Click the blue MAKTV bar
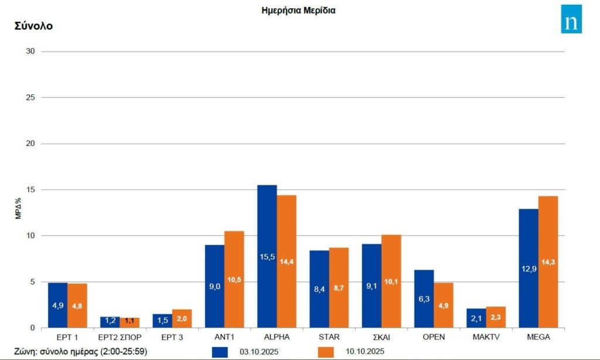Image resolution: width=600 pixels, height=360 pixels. (476, 318)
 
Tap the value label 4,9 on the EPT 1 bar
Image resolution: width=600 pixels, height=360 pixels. (57, 305)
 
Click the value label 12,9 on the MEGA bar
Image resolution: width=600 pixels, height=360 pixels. (529, 269)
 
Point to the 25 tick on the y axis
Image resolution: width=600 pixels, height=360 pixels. (31, 97)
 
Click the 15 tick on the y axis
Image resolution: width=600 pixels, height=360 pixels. (31, 190)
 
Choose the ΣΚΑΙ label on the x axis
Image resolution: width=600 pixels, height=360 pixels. (381, 337)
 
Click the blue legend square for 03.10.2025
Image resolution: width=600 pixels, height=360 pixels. (220, 351)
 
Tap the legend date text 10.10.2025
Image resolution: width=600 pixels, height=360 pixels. (366, 351)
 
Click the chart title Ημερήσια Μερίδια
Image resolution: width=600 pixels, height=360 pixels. (299, 10)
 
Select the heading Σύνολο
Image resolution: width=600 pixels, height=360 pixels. (33, 26)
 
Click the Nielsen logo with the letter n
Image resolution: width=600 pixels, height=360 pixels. (571, 19)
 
